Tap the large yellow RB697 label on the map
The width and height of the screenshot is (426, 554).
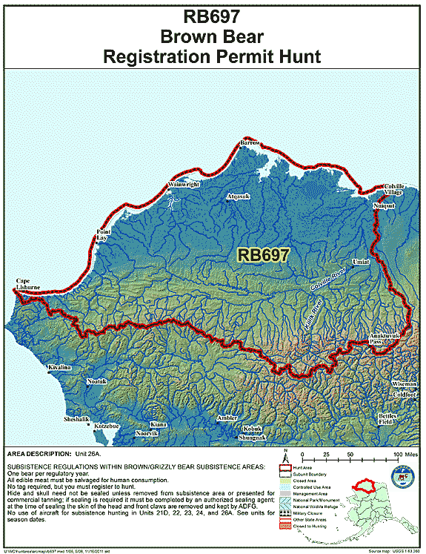pyautogui.click(x=263, y=254)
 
